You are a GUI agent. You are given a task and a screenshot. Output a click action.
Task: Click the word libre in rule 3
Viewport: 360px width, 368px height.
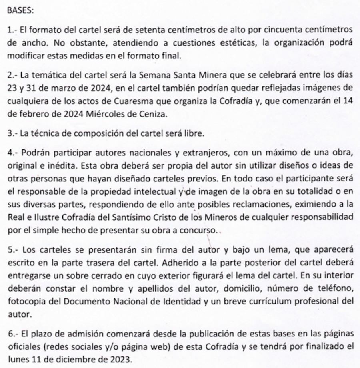(x=195, y=133)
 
